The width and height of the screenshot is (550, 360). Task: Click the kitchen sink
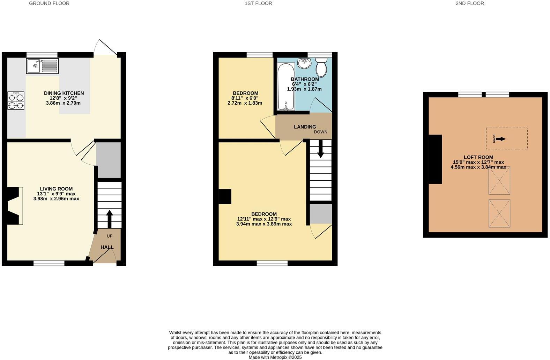[x=42, y=66]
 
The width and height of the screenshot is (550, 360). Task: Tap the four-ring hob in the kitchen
[x=16, y=101]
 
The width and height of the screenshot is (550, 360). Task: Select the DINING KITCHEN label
[x=64, y=93]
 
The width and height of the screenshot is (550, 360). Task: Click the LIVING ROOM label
[x=56, y=189]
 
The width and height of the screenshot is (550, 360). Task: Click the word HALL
[x=107, y=247]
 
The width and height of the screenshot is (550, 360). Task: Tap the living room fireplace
[x=13, y=206]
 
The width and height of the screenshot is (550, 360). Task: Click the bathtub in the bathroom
[x=286, y=87]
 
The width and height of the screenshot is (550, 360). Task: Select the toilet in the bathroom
[x=321, y=67]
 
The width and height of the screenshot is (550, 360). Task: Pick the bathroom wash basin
[x=304, y=63]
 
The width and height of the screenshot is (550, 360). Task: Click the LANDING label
[x=305, y=127]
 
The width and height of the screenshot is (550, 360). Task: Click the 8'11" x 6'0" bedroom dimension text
[x=245, y=98]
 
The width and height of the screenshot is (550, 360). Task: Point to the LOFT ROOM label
[x=478, y=157]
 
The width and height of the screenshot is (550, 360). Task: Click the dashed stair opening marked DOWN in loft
[x=506, y=138]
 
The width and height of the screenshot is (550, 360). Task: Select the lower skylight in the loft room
[x=499, y=213]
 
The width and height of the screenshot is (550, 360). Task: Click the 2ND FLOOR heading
[x=469, y=3]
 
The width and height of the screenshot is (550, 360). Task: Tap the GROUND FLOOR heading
[x=49, y=3]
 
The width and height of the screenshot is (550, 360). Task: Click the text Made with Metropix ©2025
[x=275, y=357]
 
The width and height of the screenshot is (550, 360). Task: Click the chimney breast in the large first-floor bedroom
[x=225, y=196]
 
